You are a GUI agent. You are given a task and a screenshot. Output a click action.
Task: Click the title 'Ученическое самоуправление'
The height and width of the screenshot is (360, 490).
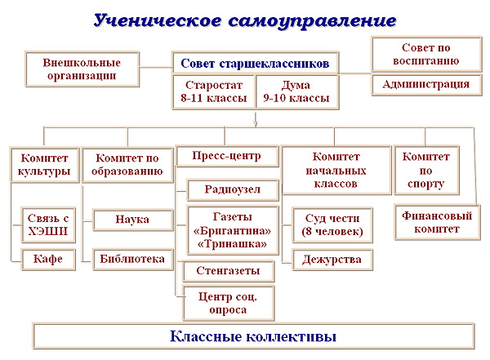coord(245,20)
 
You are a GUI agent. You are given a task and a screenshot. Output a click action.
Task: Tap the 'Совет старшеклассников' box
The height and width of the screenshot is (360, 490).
coord(255,63)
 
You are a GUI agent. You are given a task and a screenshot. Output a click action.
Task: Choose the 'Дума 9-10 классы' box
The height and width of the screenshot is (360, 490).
coord(296,91)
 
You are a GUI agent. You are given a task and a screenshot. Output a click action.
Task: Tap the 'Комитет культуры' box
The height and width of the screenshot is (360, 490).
coord(44,165)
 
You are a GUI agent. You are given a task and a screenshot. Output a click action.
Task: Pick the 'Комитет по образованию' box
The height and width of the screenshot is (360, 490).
coord(129,165)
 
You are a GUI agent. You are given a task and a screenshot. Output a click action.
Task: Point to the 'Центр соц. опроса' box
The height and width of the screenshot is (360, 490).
coord(229,301)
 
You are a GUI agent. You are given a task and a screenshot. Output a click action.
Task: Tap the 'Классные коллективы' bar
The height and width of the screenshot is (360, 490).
coord(253,336)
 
